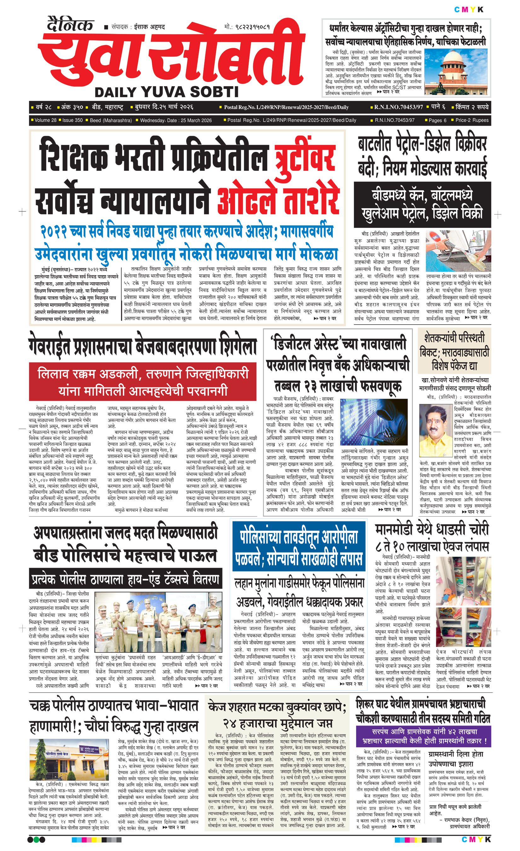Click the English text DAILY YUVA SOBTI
166,92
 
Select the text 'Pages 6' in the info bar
437,120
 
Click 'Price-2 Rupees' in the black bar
472,120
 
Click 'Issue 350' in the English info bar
72,120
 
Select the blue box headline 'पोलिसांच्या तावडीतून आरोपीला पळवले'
299,549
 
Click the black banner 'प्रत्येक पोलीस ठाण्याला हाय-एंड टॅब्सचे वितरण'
125,579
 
